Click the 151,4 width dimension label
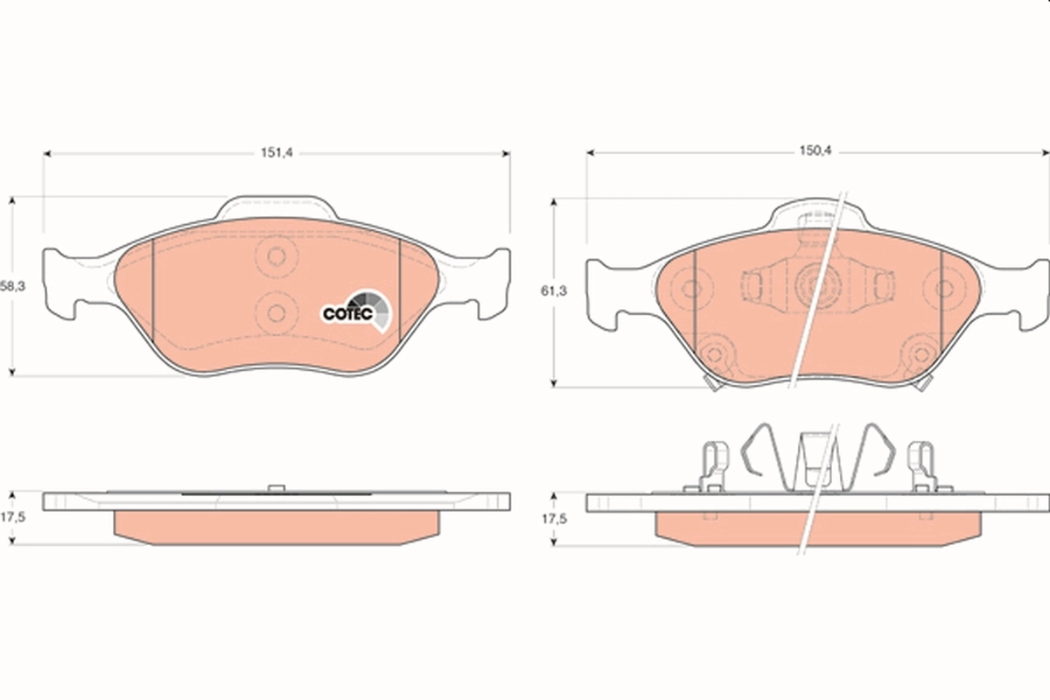(276, 152)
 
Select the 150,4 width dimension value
(814, 151)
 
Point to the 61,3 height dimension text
(553, 291)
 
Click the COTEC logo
(357, 311)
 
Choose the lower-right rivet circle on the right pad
(920, 353)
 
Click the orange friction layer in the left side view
(276, 526)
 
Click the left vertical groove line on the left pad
(153, 289)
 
